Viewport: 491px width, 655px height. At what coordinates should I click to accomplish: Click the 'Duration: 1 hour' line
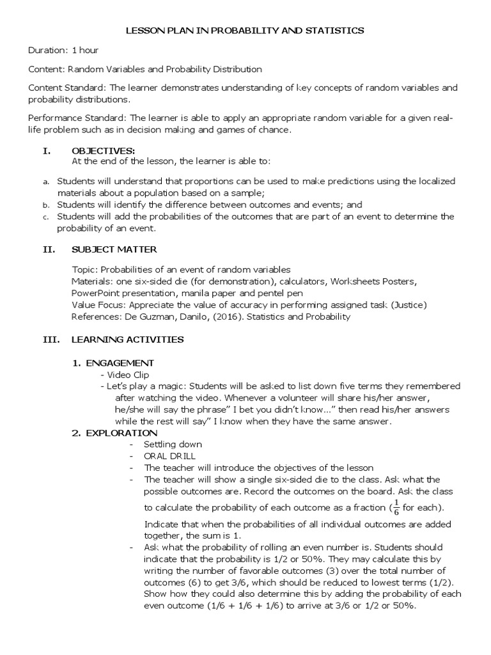click(x=63, y=50)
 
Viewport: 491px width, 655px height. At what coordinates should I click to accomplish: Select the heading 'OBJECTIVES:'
click(x=98, y=151)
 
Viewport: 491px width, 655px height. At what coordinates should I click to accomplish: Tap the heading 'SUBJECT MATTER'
click(x=114, y=249)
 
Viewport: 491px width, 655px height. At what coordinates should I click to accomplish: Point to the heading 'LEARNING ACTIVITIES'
click(x=127, y=340)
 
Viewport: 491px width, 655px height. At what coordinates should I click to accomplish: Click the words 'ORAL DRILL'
click(x=169, y=456)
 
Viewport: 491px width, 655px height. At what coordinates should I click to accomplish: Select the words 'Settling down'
click(x=173, y=445)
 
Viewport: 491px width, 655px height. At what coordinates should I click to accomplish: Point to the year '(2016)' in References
click(x=220, y=317)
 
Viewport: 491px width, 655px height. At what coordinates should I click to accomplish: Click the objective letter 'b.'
click(x=46, y=206)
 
